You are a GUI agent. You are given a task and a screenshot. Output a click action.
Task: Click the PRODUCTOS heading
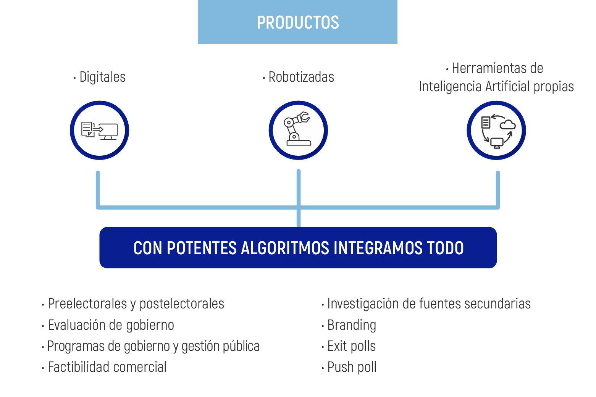pyautogui.click(x=298, y=23)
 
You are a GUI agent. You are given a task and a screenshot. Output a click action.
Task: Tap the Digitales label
pyautogui.click(x=102, y=77)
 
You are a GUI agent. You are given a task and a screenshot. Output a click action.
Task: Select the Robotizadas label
pyautogui.click(x=301, y=77)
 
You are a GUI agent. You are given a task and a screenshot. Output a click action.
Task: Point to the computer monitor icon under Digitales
pyautogui.click(x=108, y=131)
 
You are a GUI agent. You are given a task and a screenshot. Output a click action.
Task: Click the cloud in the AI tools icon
pyautogui.click(x=507, y=124)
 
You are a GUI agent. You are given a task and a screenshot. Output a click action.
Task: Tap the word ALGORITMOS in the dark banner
pyautogui.click(x=285, y=248)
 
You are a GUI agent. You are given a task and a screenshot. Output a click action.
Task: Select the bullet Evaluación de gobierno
pyautogui.click(x=111, y=325)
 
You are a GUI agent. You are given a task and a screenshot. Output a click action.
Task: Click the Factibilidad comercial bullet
pyautogui.click(x=107, y=367)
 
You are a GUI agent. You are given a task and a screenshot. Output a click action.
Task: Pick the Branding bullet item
pyautogui.click(x=352, y=325)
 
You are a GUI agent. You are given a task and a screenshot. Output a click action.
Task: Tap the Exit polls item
pyautogui.click(x=351, y=346)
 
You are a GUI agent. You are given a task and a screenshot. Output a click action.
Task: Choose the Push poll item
pyautogui.click(x=352, y=367)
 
